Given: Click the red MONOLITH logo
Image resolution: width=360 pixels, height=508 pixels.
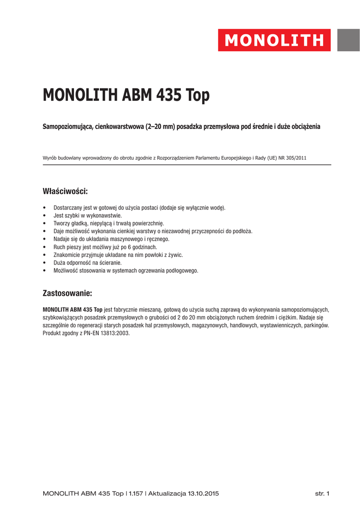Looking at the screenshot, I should (274, 40).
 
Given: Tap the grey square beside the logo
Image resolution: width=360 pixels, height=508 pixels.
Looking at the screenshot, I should (349, 40).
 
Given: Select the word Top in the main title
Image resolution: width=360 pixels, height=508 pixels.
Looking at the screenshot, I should (198, 95).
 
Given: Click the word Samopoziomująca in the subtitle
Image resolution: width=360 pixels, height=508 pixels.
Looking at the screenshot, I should (68, 127).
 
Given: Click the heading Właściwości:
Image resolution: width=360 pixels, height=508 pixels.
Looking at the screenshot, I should (66, 191).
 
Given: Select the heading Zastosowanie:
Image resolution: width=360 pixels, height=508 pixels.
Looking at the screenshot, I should (68, 293).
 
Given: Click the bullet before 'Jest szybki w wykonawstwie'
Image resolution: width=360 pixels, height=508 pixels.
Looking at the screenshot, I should (45, 216).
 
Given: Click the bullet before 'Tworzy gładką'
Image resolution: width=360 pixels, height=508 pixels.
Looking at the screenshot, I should (45, 224).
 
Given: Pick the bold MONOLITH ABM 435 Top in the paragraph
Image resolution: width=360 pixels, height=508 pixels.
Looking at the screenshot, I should (73, 309).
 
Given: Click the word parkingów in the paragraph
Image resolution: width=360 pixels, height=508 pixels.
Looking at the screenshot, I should (315, 325).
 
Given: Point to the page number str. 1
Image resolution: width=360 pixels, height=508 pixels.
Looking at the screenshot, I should (323, 494).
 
